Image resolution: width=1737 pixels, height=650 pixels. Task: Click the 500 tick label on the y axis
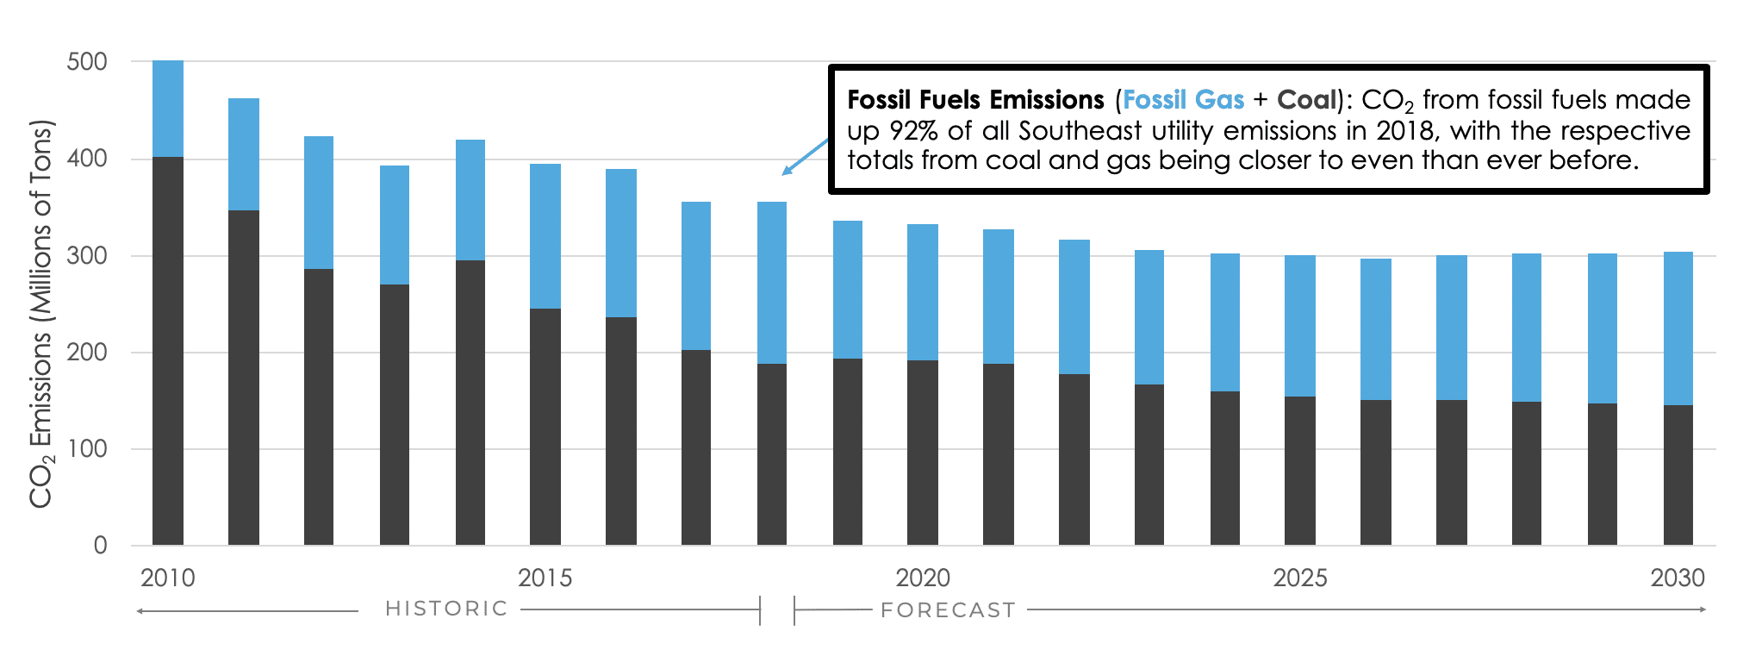coord(87,62)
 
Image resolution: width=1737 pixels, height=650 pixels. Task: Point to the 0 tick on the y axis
coord(100,545)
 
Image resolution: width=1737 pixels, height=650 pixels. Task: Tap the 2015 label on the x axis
coord(545,578)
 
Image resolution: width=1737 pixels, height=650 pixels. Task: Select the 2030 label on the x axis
coord(1677,578)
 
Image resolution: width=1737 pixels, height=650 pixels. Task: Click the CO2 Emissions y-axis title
coord(41,315)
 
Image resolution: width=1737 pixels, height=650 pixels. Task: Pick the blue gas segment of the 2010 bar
coord(168,109)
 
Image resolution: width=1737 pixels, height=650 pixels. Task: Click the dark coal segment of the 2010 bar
coord(168,351)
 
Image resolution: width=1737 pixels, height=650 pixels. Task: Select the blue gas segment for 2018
coord(772,283)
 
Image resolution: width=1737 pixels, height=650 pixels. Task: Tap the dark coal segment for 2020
coord(923,453)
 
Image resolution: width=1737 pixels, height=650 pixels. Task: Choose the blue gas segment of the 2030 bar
coord(1678,328)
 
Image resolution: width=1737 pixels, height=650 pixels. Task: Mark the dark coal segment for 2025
coord(1300,471)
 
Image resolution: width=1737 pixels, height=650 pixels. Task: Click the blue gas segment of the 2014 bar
coord(470,200)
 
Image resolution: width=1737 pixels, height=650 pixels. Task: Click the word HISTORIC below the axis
coord(446,609)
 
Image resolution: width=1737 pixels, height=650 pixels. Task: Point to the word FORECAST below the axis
coord(948,610)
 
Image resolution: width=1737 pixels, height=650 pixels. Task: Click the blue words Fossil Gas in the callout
coord(1183,100)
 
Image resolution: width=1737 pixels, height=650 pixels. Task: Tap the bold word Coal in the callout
coord(1305,100)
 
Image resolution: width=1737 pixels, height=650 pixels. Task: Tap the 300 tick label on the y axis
coord(87,256)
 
